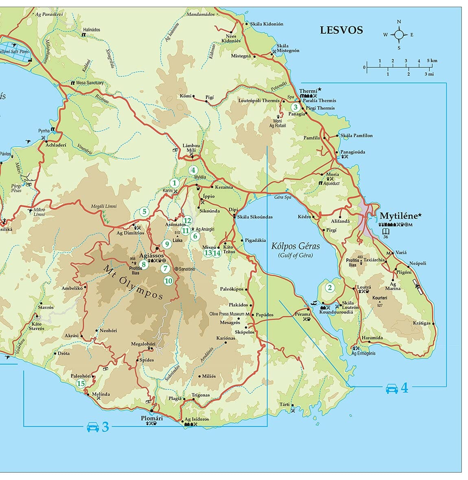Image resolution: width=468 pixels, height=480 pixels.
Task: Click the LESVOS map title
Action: (x=341, y=30)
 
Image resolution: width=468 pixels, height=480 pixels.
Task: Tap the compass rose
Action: (x=399, y=35)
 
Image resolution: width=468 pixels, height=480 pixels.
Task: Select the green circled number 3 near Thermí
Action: (x=295, y=107)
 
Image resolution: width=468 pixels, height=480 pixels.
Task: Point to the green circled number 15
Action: (x=81, y=383)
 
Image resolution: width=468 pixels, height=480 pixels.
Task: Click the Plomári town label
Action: (x=151, y=418)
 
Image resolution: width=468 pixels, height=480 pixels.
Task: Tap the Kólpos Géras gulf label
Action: (x=295, y=246)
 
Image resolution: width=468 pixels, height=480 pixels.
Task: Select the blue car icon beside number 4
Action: (x=391, y=389)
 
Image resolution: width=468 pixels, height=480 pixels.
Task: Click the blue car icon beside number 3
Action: (x=92, y=427)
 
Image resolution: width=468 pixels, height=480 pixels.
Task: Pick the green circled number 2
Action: (x=330, y=288)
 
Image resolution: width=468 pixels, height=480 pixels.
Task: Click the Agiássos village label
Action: (x=151, y=256)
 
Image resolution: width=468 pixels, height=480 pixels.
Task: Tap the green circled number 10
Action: (x=168, y=280)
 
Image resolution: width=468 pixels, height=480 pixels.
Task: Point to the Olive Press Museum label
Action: (x=227, y=314)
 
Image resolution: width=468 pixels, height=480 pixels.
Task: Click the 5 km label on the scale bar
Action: (x=432, y=61)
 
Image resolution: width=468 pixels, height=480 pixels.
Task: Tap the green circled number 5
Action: (x=144, y=211)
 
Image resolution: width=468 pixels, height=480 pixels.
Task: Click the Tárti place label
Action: (x=284, y=404)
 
